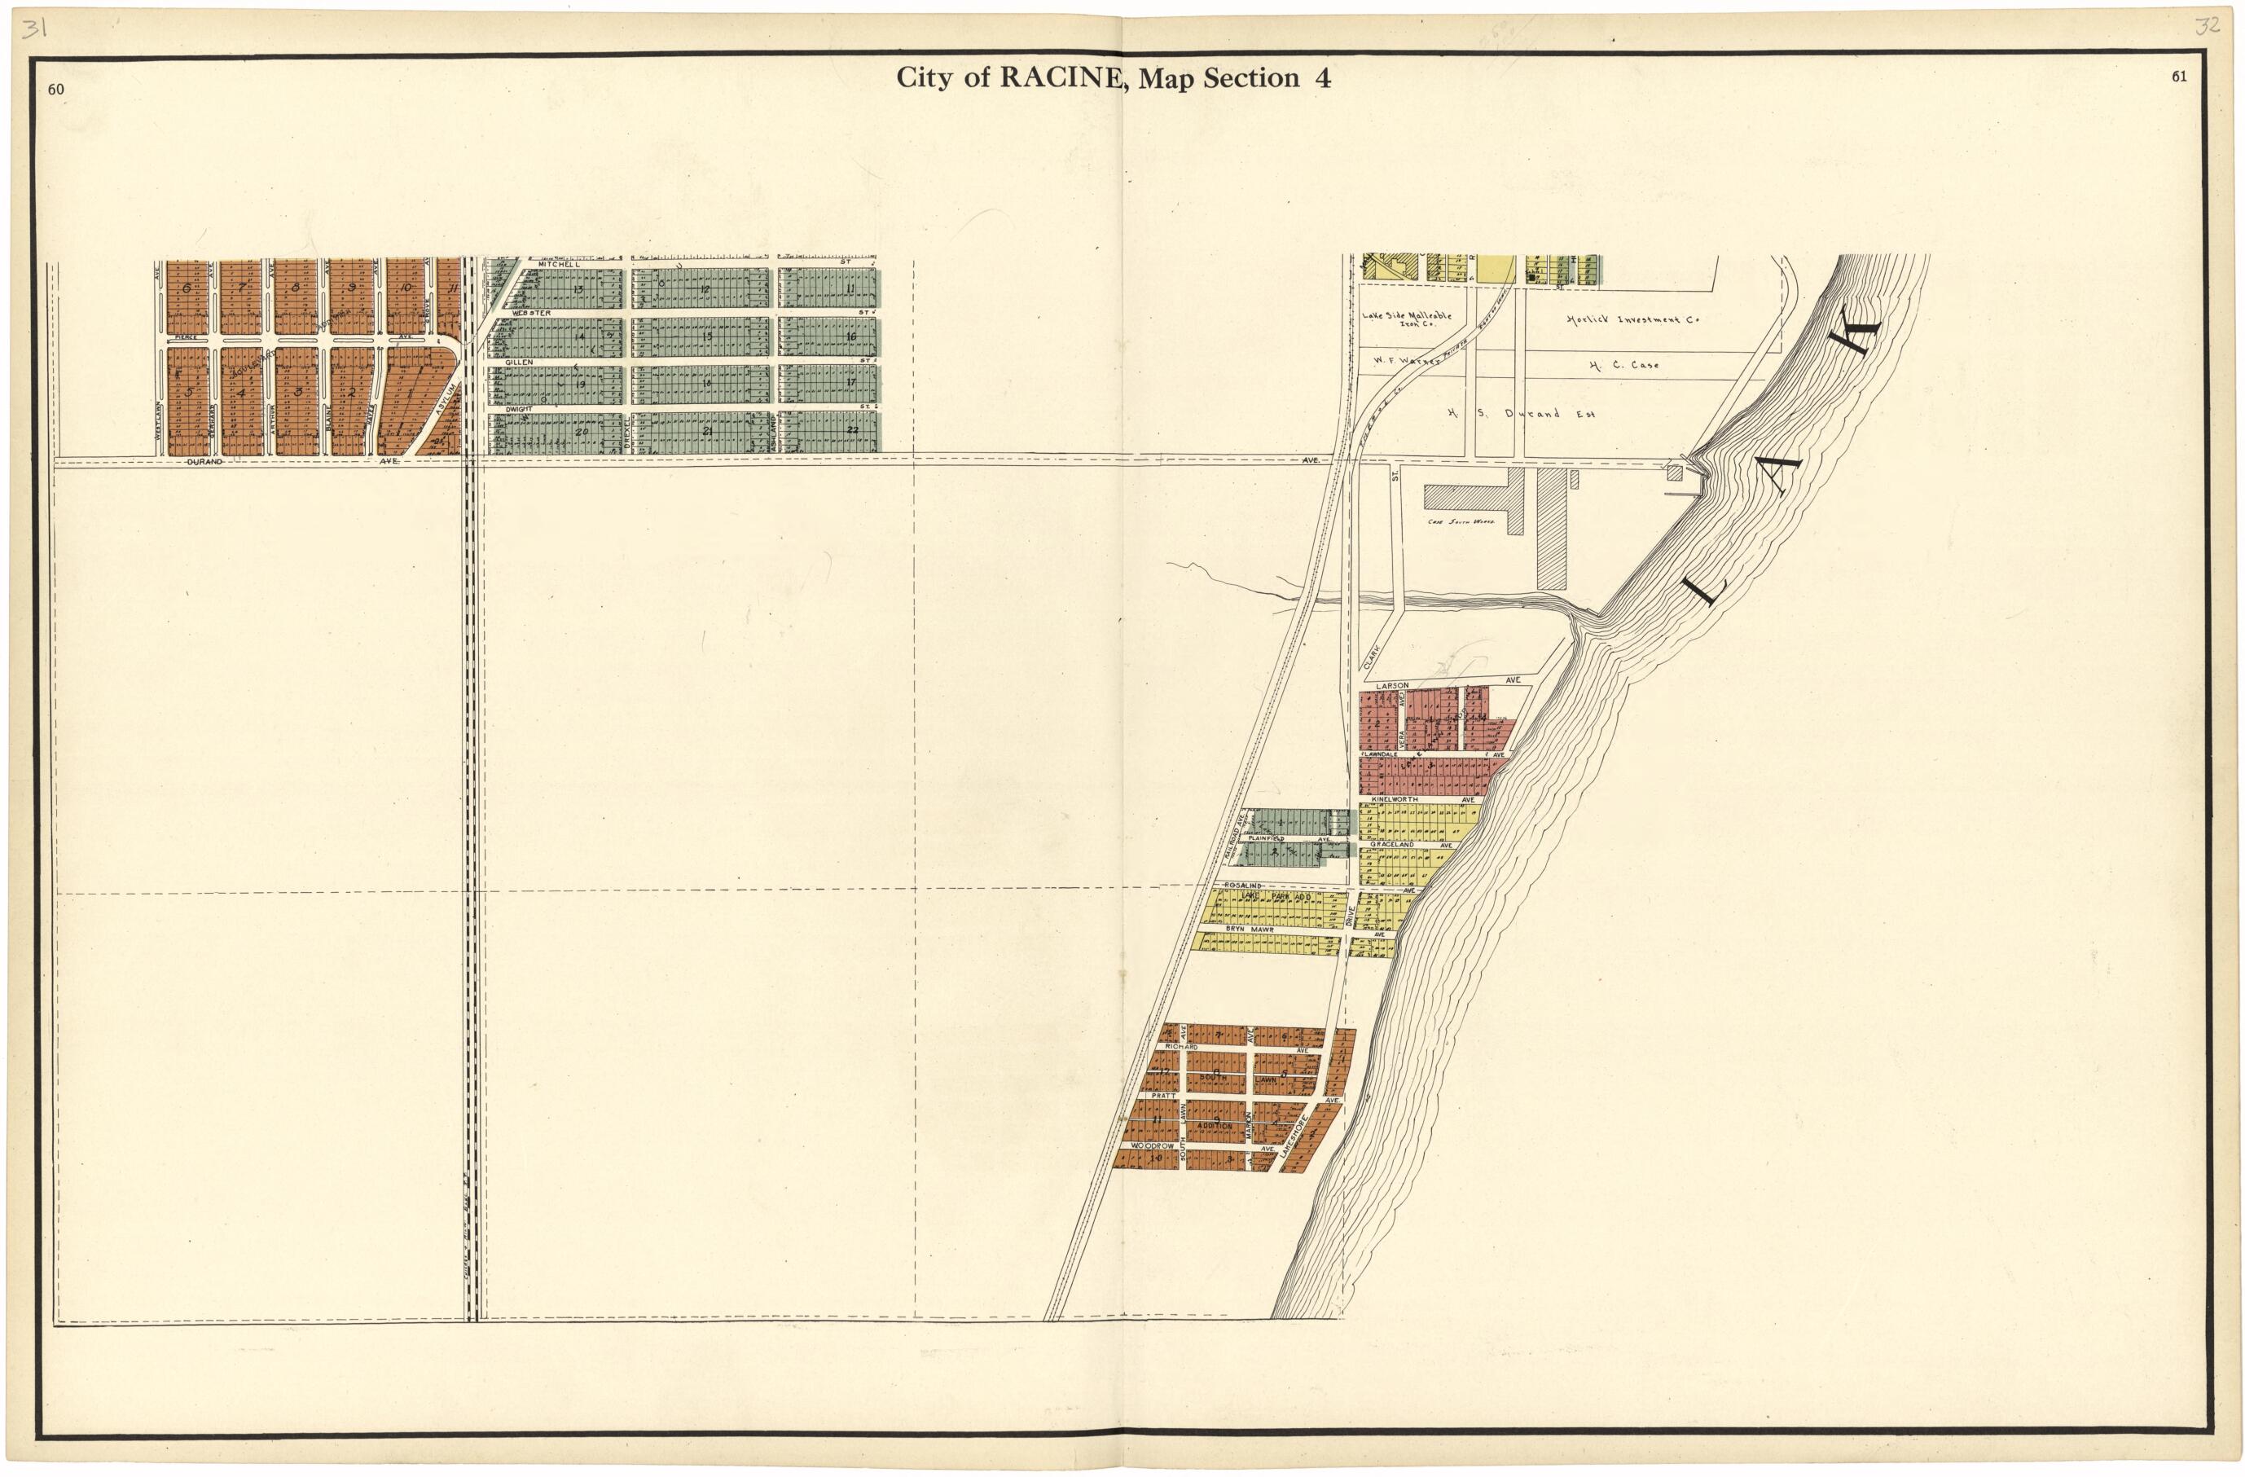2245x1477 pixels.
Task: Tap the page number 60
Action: [x=55, y=90]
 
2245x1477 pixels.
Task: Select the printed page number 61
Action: [x=2178, y=77]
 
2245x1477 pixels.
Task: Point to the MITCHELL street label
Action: [x=559, y=264]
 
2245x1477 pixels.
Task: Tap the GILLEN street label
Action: [x=519, y=363]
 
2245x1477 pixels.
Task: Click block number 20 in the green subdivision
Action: [x=581, y=431]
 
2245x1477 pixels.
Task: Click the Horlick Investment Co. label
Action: [x=1632, y=319]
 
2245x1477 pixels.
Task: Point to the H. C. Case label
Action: [x=1623, y=365]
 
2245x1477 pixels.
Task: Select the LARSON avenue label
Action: [x=1392, y=685]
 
